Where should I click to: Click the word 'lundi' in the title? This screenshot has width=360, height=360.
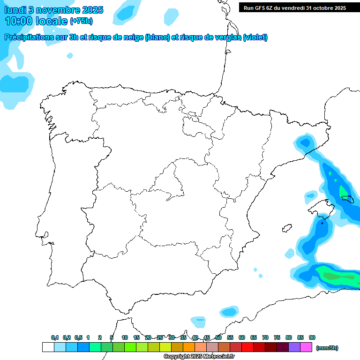[16, 10]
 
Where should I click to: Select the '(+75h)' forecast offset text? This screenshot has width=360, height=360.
[81, 21]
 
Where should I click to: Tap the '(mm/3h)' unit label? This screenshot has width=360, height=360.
[327, 348]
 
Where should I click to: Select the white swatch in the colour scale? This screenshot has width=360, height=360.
[48, 347]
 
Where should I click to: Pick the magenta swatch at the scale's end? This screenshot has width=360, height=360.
[306, 347]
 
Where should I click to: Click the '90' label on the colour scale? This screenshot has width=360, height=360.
[312, 337]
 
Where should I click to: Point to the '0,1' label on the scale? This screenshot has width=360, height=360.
[55, 337]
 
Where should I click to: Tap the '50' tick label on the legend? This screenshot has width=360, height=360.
[218, 337]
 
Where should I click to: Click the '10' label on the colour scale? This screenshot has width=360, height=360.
[125, 337]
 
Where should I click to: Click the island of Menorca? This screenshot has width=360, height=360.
[348, 199]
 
